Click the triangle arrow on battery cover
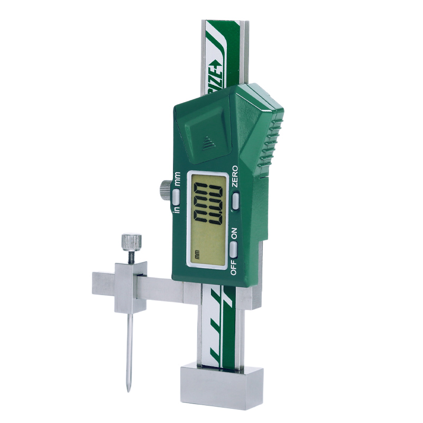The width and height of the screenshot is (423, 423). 207,141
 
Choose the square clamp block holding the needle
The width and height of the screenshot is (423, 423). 131,286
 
